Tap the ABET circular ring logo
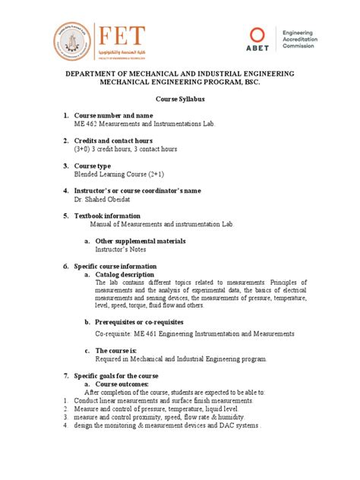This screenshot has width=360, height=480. (259, 36)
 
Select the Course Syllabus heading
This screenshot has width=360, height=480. (180, 99)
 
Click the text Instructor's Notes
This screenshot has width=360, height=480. (120, 249)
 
